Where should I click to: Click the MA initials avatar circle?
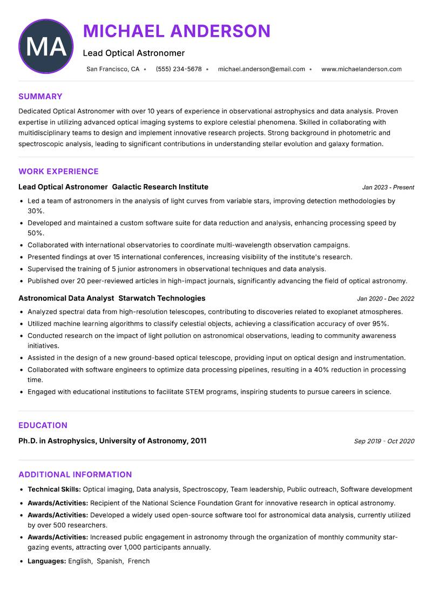[x=46, y=46]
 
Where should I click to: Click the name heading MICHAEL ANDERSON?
[x=177, y=31]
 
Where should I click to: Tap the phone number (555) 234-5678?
[x=178, y=69]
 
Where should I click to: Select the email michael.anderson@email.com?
[x=261, y=69]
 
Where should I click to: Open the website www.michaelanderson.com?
[x=361, y=69]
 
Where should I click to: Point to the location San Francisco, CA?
[x=113, y=69]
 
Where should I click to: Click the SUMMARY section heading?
[x=40, y=97]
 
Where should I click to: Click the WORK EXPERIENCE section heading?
[x=58, y=172]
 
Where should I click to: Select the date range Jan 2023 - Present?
[x=388, y=187]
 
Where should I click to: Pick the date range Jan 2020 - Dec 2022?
[x=386, y=299]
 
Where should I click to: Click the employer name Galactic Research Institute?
[x=160, y=187]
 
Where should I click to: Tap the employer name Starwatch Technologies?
[x=161, y=298]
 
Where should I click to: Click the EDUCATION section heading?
[x=43, y=425]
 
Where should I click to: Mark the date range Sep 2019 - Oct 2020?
[x=384, y=441]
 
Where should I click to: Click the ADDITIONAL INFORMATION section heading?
[x=75, y=475]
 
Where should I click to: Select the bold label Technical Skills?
[x=54, y=489]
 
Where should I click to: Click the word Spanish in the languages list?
[x=110, y=561]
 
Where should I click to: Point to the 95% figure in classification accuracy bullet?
[x=380, y=323]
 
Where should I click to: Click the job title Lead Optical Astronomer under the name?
[x=133, y=53]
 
